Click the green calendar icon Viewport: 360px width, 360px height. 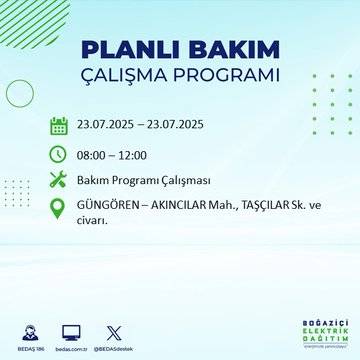[x=59, y=126]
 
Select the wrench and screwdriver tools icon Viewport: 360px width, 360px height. [x=59, y=180]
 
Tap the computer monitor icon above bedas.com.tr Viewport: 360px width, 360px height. [x=70, y=330]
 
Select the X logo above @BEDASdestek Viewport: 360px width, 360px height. [x=112, y=330]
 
